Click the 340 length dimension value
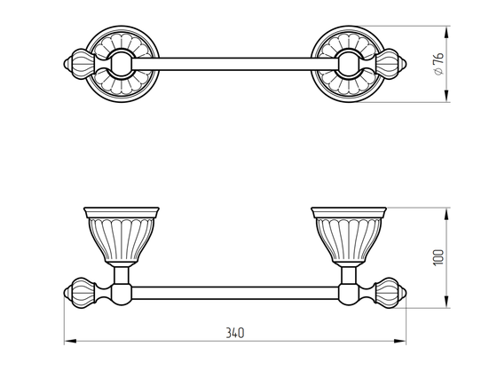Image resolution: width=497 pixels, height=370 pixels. click(235, 333)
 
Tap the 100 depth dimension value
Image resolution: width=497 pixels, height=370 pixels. click(438, 258)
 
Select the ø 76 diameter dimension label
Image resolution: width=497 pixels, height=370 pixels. click(438, 64)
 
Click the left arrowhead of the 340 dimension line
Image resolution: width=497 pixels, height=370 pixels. click(70, 342)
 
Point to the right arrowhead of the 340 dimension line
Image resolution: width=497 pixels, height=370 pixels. click(399, 342)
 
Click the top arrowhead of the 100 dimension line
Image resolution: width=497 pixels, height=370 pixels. click(446, 214)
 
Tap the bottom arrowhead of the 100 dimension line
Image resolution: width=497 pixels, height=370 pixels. click(446, 302)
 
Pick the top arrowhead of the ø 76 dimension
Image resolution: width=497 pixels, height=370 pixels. click(446, 33)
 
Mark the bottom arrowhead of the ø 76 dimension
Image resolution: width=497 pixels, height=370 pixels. click(446, 96)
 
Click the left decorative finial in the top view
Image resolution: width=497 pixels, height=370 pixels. click(80, 64)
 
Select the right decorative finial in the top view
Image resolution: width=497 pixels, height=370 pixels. click(390, 64)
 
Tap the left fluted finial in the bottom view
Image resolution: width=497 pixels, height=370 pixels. click(80, 293)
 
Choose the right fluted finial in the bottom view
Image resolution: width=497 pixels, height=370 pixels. click(390, 293)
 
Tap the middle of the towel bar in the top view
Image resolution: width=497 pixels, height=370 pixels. click(235, 64)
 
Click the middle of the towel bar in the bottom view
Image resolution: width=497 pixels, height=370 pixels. click(235, 293)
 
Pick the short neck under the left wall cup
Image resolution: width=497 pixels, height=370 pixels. click(122, 275)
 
